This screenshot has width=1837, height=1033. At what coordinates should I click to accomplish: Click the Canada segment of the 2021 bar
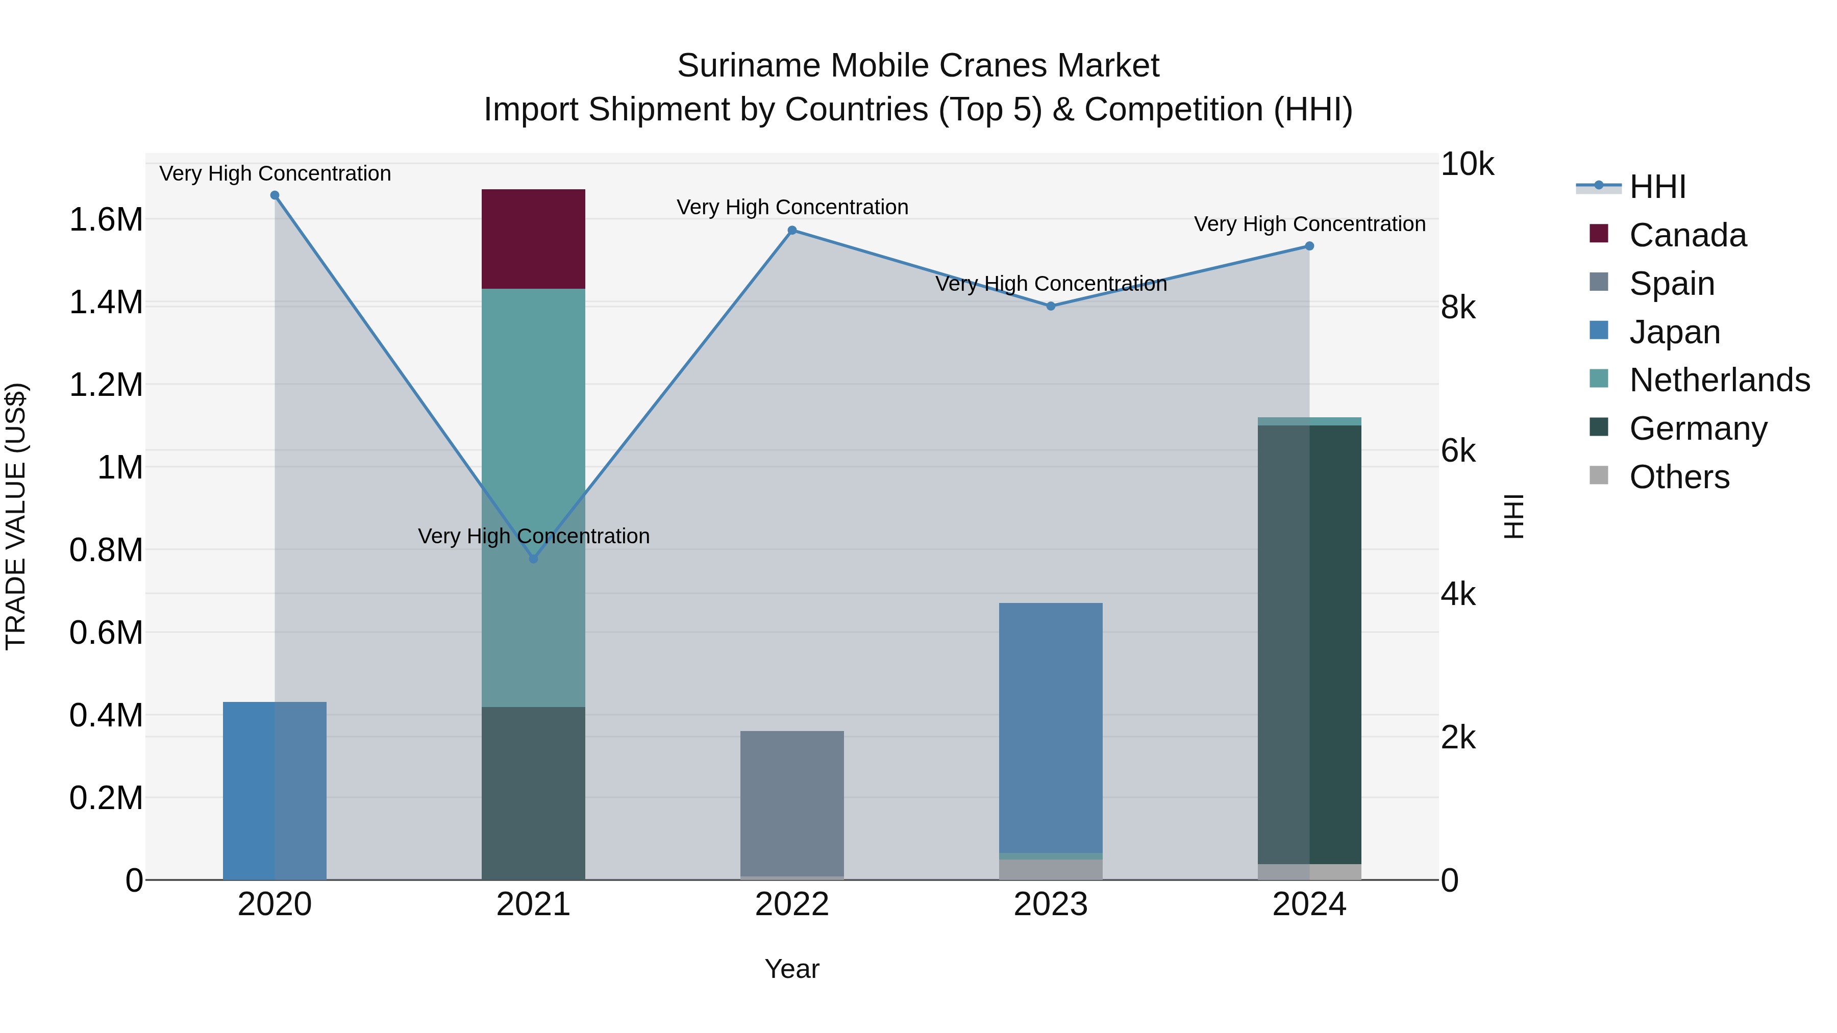[533, 239]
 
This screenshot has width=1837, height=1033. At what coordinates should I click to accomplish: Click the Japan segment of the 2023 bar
[1051, 727]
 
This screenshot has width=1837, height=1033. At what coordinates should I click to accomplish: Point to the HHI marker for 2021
[533, 559]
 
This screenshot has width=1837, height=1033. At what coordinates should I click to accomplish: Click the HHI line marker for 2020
[275, 195]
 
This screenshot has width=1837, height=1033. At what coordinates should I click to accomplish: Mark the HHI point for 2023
[1051, 307]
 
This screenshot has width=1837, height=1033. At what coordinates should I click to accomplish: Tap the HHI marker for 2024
[1309, 246]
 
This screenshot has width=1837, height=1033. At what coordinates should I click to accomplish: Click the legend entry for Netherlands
[1719, 380]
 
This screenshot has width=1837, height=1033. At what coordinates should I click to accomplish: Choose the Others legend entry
[1679, 477]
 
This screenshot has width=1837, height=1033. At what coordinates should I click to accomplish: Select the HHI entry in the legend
[1656, 187]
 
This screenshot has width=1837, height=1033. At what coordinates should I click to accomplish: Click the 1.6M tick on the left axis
[106, 219]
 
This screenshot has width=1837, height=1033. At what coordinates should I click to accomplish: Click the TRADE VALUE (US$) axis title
[16, 516]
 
